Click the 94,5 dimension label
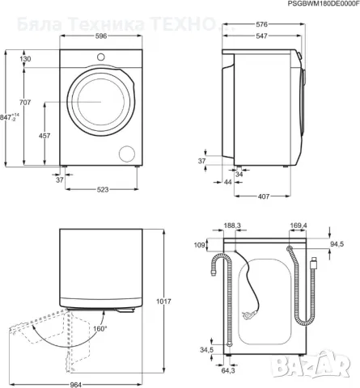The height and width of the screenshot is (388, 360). click(x=338, y=241)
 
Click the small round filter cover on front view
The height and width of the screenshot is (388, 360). click(x=128, y=153)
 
